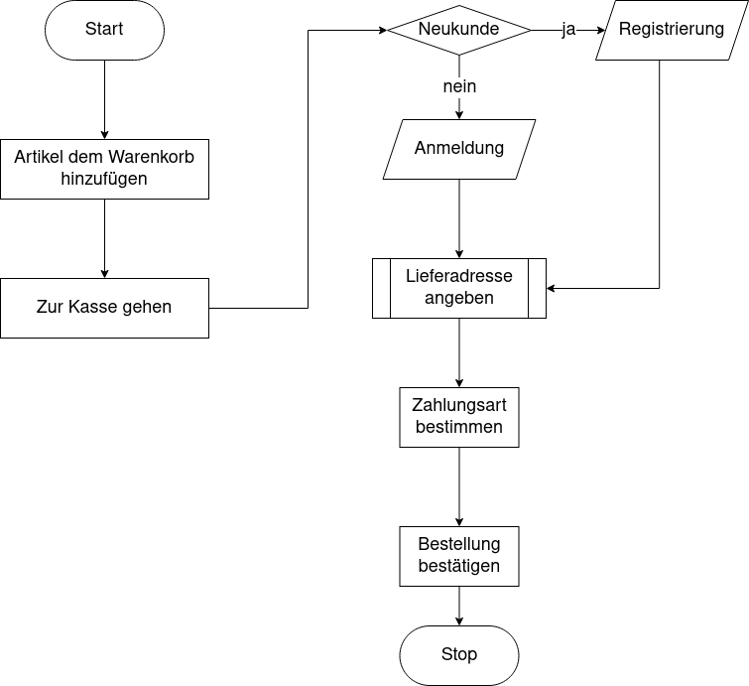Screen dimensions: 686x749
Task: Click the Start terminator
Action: click(x=104, y=30)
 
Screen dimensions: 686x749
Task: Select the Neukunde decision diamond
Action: click(x=458, y=30)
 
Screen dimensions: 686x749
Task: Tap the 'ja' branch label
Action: click(x=568, y=30)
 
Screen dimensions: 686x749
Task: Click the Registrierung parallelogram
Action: click(x=672, y=30)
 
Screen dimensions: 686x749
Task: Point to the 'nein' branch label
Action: click(x=459, y=87)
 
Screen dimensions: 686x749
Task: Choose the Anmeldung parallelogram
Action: click(x=459, y=149)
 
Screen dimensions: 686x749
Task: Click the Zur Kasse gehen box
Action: click(x=104, y=308)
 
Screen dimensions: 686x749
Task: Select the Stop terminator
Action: click(x=459, y=655)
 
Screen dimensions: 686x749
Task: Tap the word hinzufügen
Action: click(x=104, y=180)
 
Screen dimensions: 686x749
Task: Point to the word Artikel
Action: click(x=40, y=158)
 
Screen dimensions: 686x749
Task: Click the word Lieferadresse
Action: click(x=459, y=276)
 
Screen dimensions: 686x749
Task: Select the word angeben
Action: click(x=459, y=298)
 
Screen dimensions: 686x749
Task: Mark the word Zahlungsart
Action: click(x=459, y=405)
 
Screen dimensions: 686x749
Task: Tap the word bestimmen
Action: click(x=459, y=427)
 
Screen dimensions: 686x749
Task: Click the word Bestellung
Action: click(x=459, y=544)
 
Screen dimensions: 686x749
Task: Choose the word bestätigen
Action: click(x=459, y=566)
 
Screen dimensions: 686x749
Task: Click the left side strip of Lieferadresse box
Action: click(x=382, y=288)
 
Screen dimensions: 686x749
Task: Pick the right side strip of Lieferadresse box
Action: click(x=537, y=288)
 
